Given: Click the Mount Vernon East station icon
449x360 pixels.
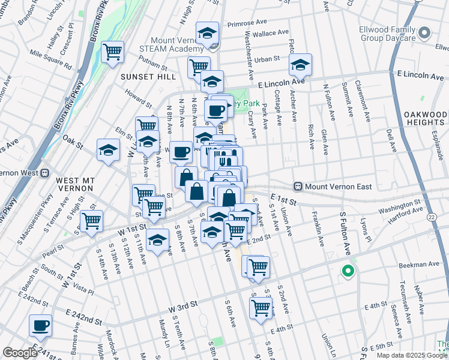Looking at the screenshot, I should coord(298,187).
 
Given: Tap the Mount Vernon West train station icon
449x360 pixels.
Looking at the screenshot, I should coord(44,173).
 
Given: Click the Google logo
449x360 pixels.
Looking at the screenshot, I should coord(20,353).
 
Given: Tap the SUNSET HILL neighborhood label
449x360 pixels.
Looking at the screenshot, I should coord(148,77).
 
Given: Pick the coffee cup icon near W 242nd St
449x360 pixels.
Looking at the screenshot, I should coord(41,325).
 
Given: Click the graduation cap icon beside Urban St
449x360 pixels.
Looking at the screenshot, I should coord(300,64).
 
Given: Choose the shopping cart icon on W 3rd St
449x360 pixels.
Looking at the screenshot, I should coord(260,308).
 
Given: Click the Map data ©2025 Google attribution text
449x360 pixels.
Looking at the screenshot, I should coord(411,355).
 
